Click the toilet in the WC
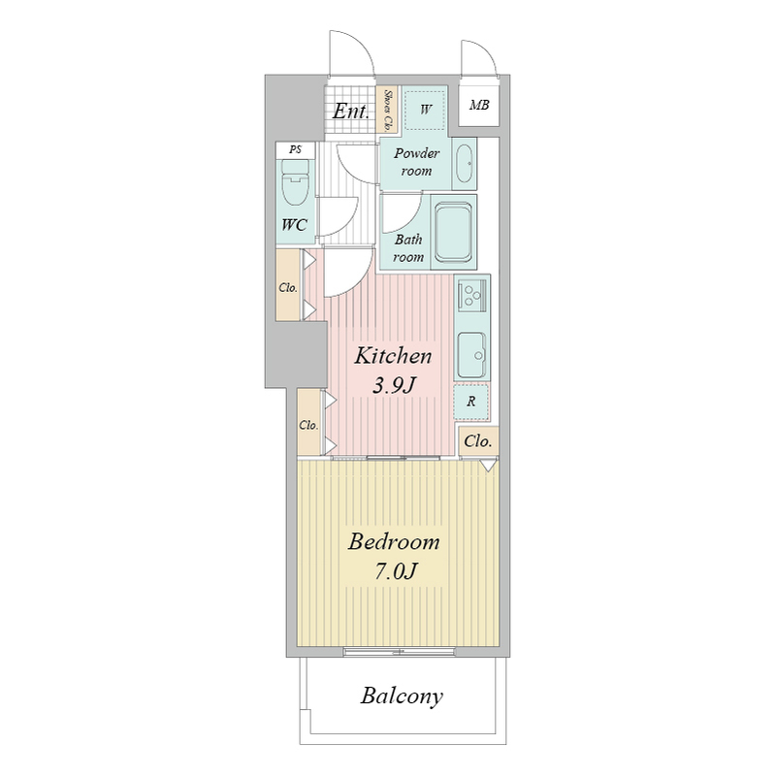[295, 182]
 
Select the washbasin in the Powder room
[465, 164]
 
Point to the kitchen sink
[471, 355]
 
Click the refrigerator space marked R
[471, 402]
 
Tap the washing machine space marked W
[425, 110]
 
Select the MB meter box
[478, 105]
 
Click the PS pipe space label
[296, 149]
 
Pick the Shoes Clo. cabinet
[388, 110]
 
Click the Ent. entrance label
[351, 111]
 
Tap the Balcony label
[402, 696]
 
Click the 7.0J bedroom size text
[395, 571]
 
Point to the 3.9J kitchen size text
[394, 385]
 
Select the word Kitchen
[393, 356]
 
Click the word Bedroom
[394, 542]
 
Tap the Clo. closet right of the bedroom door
[478, 441]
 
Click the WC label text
[295, 225]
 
